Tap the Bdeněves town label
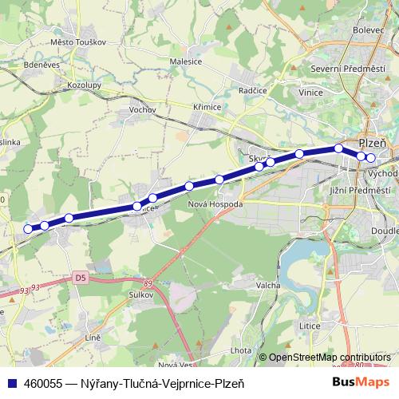(41, 65)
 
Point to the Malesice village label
(186, 61)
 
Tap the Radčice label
(251, 91)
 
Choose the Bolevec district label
(368, 30)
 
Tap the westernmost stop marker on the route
(28, 229)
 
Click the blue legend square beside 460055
(11, 383)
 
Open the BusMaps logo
(361, 383)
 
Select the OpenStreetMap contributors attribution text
(330, 358)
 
